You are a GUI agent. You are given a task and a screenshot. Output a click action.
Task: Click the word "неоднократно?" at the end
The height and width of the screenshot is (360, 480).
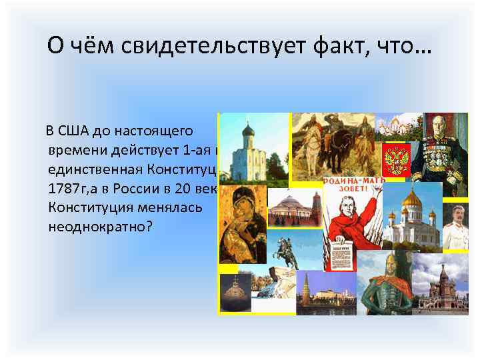point(101,227)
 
